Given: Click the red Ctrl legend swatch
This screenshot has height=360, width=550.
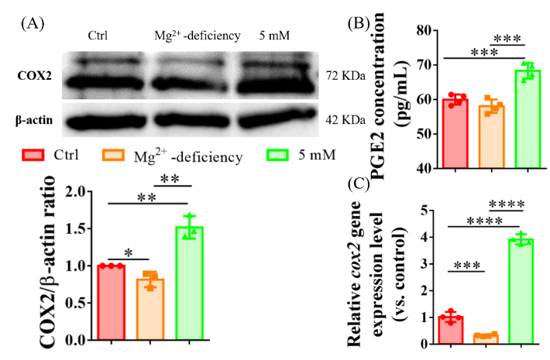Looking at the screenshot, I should point(33,155).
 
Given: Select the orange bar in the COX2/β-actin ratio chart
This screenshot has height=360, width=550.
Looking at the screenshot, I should point(150,309).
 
